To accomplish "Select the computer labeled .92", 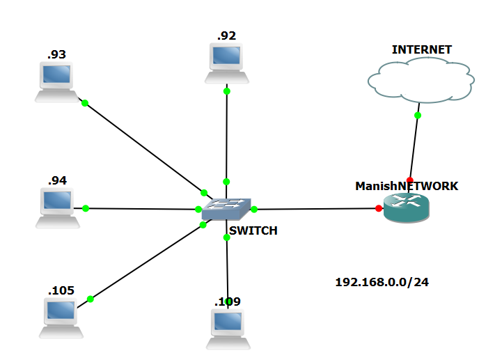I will click(226, 63).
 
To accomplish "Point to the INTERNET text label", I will click(421, 49).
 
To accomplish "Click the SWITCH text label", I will click(253, 231).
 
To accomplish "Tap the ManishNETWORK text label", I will click(407, 186).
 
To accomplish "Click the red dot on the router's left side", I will click(379, 208).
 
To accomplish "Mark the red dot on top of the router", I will click(410, 180).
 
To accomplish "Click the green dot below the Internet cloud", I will click(418, 115).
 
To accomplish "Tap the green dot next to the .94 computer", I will click(86, 208).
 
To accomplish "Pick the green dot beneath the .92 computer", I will click(226, 91).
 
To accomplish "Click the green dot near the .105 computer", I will click(91, 299).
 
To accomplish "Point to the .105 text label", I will click(61, 290).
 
